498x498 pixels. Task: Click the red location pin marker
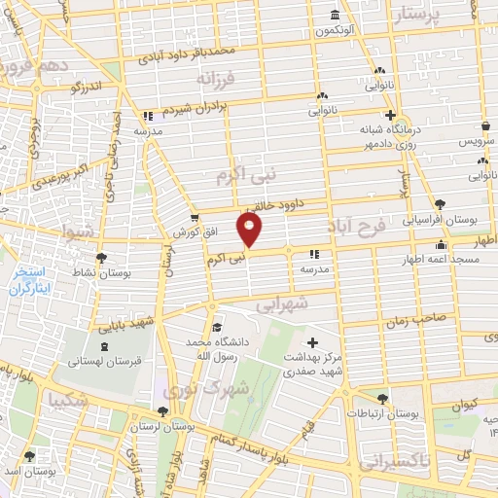click(251, 230)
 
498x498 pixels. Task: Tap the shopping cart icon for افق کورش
click(195, 217)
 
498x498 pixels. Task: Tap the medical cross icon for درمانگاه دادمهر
click(388, 115)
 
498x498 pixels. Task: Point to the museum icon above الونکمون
click(335, 14)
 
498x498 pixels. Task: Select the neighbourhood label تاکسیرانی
click(394, 463)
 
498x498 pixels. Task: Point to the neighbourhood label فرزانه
click(217, 77)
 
